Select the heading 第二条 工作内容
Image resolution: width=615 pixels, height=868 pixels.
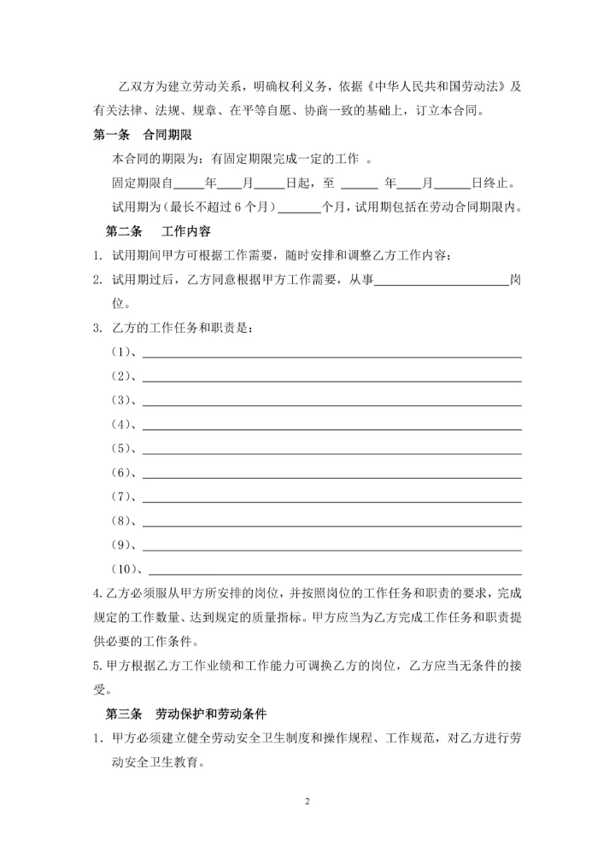click(158, 231)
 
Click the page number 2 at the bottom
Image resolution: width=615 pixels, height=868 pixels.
click(307, 801)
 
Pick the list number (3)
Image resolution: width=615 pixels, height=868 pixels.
click(123, 400)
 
